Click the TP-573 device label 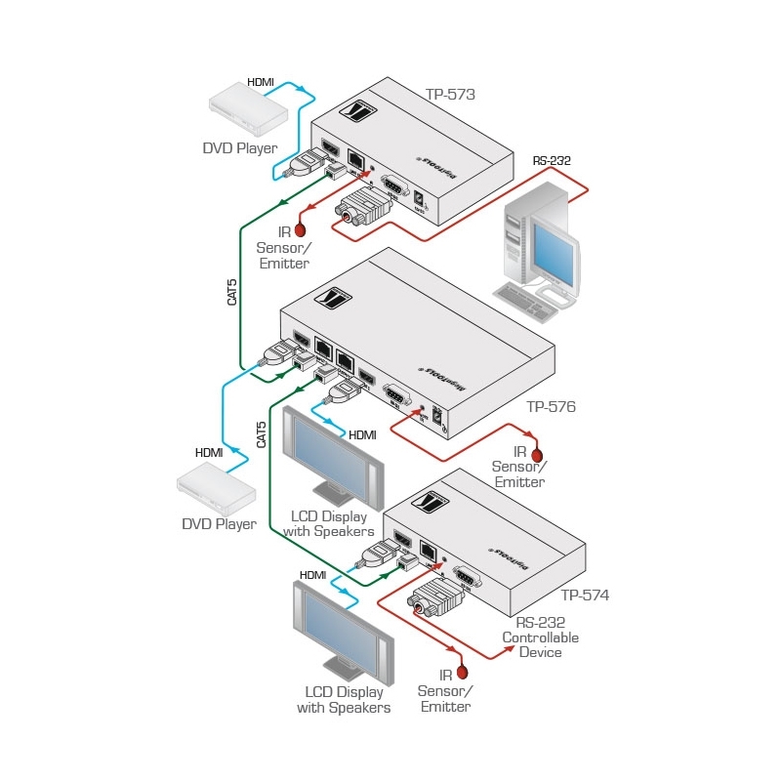pos(450,95)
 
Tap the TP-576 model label pos(552,407)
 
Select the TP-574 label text pos(585,595)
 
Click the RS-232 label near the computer pos(552,161)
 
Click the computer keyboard pos(528,302)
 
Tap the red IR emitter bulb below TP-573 pos(301,230)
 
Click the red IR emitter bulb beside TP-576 pos(535,454)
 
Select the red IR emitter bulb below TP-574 pos(464,672)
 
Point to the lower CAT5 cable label pos(261,433)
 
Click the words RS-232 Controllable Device pos(540,637)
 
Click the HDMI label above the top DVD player pos(260,83)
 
